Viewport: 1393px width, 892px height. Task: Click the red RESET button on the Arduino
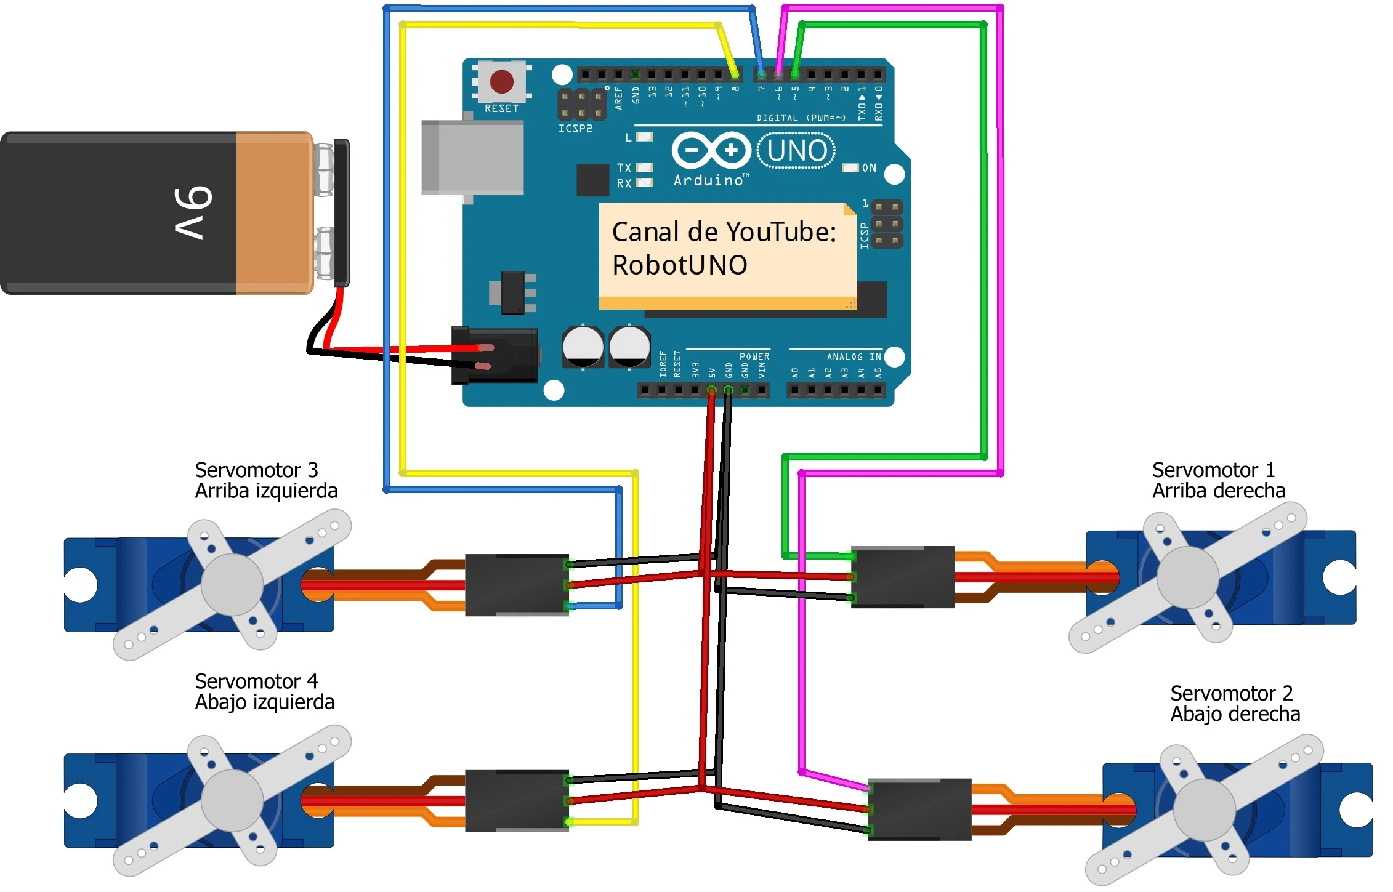click(501, 81)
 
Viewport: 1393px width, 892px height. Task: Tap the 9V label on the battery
click(193, 212)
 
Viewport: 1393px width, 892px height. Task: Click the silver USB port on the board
click(472, 158)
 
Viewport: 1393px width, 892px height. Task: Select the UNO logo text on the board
click(796, 151)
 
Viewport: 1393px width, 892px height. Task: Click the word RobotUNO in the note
click(679, 265)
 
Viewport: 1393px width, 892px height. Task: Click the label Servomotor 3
click(256, 470)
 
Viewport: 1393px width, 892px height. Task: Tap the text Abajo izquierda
click(264, 702)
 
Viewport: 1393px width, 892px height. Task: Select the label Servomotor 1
click(1213, 470)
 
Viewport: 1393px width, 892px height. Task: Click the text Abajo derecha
click(1235, 714)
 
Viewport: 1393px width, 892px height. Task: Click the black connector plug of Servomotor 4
click(516, 801)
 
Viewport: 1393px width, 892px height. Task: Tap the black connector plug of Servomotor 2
click(919, 809)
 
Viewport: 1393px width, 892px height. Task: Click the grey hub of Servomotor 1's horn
click(1187, 577)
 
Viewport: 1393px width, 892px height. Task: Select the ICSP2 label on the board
click(575, 128)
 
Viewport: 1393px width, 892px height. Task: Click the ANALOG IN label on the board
click(853, 356)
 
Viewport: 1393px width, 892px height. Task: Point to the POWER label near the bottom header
click(754, 356)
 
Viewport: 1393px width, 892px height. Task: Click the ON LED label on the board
click(869, 167)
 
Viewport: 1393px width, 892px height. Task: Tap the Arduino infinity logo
click(711, 150)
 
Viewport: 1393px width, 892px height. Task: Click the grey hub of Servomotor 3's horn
click(232, 584)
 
